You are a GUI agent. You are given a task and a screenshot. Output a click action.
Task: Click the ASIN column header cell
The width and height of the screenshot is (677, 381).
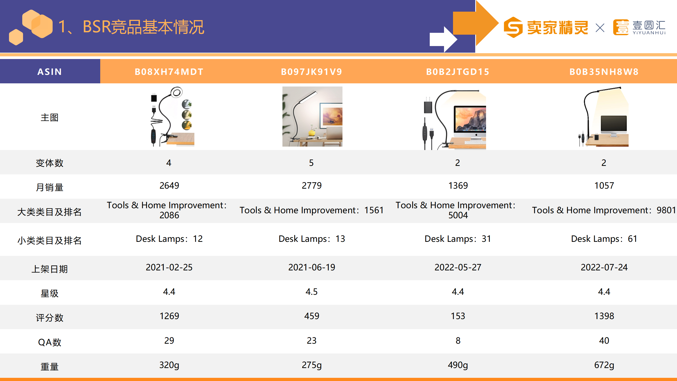(50, 71)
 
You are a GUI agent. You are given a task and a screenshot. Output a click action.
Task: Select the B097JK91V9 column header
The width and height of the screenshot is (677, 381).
(312, 72)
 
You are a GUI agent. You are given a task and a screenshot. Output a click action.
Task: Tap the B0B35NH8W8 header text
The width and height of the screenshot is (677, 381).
(604, 72)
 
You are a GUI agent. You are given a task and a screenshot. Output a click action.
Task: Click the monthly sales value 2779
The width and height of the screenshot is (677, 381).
(312, 185)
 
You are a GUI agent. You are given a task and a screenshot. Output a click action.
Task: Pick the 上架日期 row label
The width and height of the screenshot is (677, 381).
(50, 269)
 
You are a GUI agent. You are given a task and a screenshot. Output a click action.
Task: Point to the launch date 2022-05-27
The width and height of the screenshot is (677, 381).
(458, 267)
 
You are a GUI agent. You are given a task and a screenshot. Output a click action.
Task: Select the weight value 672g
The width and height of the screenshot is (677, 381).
(604, 365)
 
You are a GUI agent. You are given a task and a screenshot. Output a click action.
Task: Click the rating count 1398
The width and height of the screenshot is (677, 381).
(604, 316)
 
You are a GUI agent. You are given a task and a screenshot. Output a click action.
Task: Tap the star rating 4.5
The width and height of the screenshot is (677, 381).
(312, 292)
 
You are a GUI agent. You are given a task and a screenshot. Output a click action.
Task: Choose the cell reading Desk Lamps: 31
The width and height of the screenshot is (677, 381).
(458, 239)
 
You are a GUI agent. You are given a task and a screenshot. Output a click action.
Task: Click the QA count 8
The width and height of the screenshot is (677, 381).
(458, 341)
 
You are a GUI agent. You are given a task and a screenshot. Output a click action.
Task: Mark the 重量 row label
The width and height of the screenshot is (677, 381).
(50, 367)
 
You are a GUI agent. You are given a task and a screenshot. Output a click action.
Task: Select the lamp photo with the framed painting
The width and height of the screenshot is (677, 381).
(312, 116)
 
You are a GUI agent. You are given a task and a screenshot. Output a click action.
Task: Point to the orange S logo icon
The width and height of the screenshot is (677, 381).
(513, 27)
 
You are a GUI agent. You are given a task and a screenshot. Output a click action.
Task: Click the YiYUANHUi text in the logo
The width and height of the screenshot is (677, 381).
(649, 33)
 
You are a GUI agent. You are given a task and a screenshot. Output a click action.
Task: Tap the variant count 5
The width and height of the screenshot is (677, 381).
(312, 163)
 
